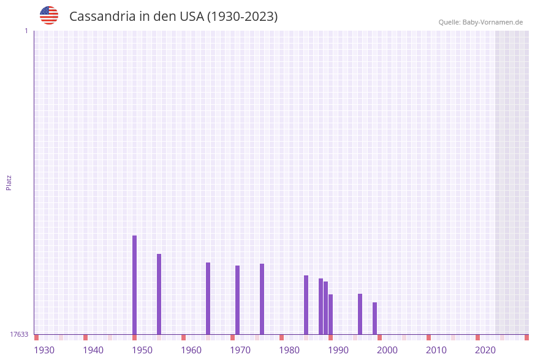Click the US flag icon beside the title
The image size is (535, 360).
point(49,15)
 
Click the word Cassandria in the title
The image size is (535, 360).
point(102,17)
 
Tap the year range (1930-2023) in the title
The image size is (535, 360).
point(242,17)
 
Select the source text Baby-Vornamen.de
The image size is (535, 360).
point(492,22)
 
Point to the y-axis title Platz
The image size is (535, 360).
point(9,182)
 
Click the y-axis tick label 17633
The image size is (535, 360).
point(19,334)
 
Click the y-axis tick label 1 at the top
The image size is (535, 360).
point(26,31)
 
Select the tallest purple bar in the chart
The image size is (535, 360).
point(135,285)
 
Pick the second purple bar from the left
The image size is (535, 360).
point(159,294)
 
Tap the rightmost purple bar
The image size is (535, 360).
point(375,318)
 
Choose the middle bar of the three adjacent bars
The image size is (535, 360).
point(326,308)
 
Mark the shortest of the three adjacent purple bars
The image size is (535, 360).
point(331,314)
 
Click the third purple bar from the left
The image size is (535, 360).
point(208,298)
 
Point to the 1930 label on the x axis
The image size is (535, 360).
point(44,350)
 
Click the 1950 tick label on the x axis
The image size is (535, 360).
point(142,350)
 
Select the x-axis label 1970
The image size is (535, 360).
point(240,350)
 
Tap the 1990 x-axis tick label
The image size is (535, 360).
point(338,350)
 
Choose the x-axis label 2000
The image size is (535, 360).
point(387,350)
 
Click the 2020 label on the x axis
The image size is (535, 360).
point(485,350)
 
